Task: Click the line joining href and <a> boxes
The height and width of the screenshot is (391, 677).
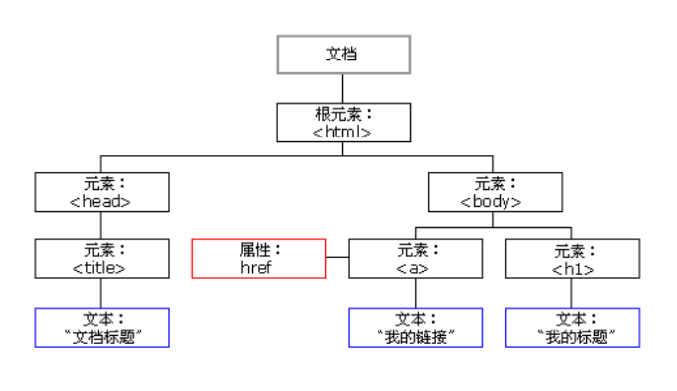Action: pyautogui.click(x=337, y=257)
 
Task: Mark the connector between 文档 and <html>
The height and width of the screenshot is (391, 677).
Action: pyautogui.click(x=342, y=89)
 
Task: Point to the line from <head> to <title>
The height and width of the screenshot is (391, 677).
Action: pyautogui.click(x=101, y=225)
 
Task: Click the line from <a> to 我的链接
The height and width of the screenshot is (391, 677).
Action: pyautogui.click(x=416, y=293)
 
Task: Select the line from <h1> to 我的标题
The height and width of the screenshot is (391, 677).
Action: pyautogui.click(x=571, y=293)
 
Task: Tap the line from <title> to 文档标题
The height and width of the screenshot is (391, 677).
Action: pyautogui.click(x=101, y=293)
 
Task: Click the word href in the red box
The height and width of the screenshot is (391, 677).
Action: pyautogui.click(x=256, y=267)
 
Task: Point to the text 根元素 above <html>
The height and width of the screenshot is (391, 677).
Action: pyautogui.click(x=338, y=114)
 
